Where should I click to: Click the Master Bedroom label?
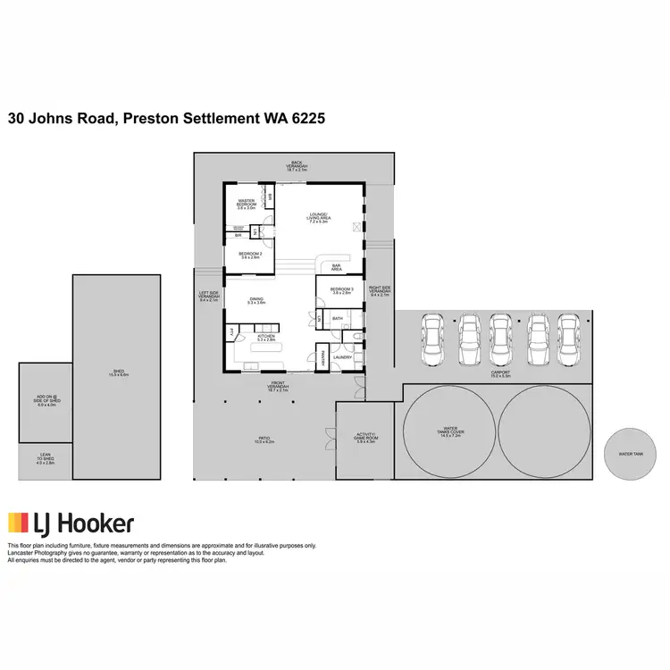(x=247, y=204)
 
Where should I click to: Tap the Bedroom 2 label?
(x=250, y=255)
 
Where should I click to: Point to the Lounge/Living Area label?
(x=319, y=217)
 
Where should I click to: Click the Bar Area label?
(x=338, y=267)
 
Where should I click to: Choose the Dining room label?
(x=256, y=301)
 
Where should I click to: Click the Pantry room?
(x=323, y=356)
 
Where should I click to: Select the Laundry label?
(x=343, y=357)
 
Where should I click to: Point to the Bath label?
(x=338, y=318)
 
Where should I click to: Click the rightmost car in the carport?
(x=568, y=340)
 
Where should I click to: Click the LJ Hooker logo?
(x=71, y=523)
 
